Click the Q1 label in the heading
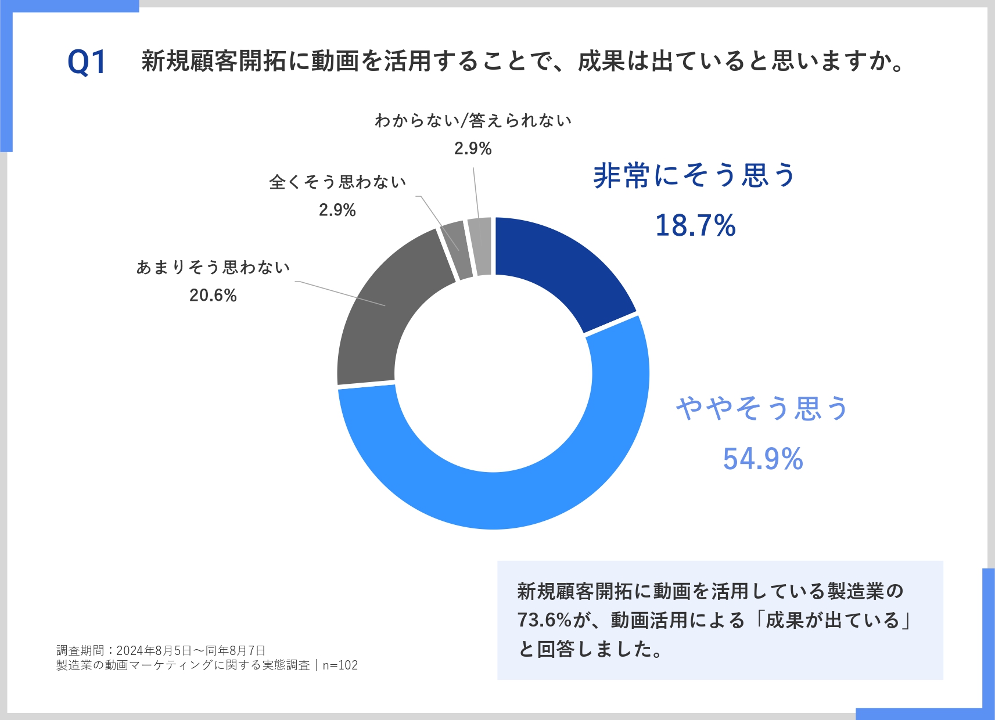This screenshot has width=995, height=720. tap(87, 62)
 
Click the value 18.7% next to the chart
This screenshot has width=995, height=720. tap(695, 225)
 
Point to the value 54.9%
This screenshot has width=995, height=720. tap(763, 459)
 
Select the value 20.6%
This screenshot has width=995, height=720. tap(213, 296)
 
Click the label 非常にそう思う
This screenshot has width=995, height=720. tap(694, 175)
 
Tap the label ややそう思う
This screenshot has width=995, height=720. tap(763, 408)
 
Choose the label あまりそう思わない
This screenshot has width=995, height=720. tap(213, 267)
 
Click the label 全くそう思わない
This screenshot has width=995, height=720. tap(337, 182)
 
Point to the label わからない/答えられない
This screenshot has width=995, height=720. tap(473, 121)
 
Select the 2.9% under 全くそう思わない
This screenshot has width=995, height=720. tap(337, 210)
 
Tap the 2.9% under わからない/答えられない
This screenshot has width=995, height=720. tap(473, 149)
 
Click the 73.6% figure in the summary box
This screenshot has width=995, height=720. tap(544, 620)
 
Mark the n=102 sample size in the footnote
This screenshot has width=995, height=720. tap(340, 665)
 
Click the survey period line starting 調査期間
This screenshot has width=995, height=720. tap(161, 650)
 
